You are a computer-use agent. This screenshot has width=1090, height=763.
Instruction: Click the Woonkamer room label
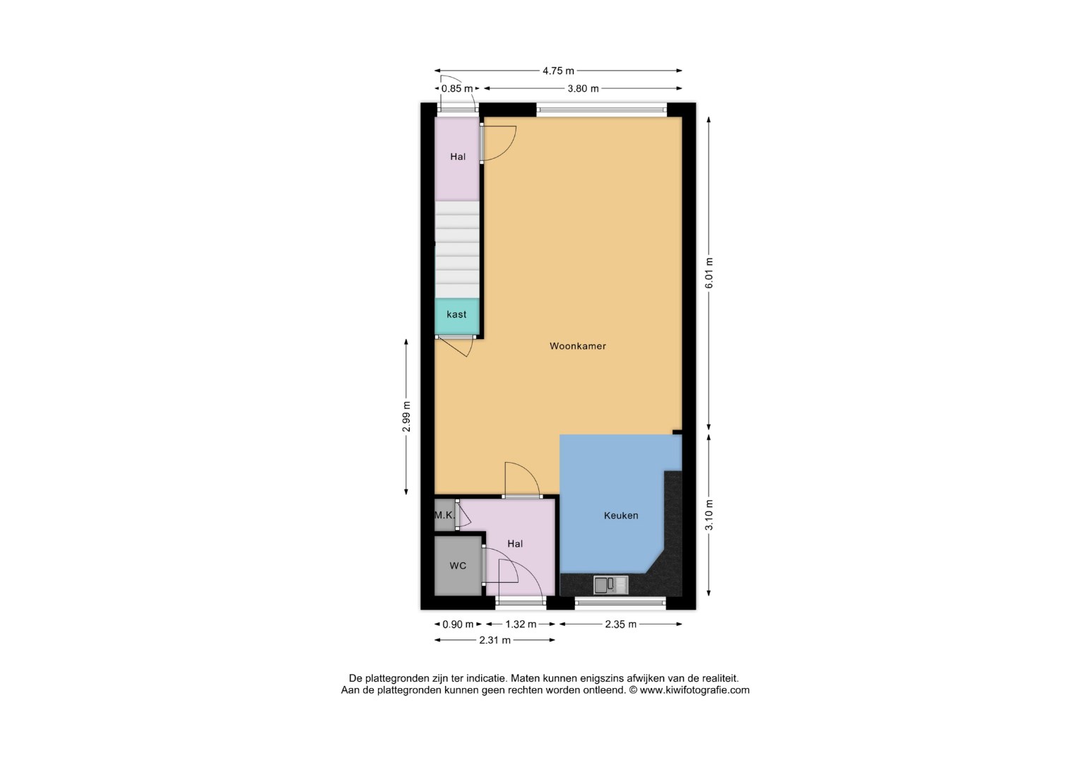tap(578, 346)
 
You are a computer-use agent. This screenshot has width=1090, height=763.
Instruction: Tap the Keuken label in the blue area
tap(621, 515)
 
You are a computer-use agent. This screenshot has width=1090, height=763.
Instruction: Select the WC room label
tap(458, 565)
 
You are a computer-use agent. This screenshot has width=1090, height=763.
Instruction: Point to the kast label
tap(456, 314)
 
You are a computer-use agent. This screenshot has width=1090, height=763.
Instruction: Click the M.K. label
tap(444, 514)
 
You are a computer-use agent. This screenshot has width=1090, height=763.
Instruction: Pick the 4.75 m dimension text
tap(559, 71)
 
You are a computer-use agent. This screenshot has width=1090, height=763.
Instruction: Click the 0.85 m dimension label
tap(457, 88)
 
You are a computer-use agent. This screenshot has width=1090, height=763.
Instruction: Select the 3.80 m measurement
tap(583, 88)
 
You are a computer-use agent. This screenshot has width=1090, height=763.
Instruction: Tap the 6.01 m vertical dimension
tap(709, 273)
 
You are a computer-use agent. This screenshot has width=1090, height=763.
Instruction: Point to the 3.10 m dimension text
tap(709, 515)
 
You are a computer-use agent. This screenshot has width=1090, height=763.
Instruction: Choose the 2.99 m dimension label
tap(407, 417)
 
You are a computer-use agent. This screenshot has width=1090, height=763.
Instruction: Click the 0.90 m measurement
tap(458, 625)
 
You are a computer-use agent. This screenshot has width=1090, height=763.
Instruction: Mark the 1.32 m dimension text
tap(521, 625)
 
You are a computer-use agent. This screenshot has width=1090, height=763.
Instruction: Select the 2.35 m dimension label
tap(620, 625)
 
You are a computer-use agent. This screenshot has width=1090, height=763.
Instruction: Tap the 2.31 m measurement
tap(495, 640)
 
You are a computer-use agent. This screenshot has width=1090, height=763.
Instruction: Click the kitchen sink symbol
tap(610, 585)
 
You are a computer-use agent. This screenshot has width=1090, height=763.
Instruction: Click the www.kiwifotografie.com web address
tap(694, 690)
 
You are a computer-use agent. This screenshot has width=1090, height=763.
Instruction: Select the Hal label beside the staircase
tap(458, 157)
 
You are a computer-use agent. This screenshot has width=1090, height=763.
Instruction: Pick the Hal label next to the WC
tap(515, 544)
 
